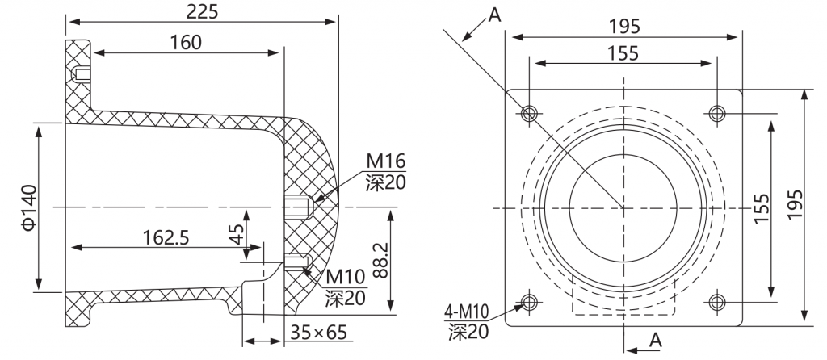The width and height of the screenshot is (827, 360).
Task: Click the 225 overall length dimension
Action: pyautogui.click(x=202, y=11)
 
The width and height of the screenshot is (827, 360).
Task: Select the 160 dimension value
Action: pyautogui.click(x=186, y=42)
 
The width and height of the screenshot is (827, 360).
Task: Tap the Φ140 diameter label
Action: pyautogui.click(x=30, y=207)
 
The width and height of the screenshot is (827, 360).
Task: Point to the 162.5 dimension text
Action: pyautogui.click(x=166, y=238)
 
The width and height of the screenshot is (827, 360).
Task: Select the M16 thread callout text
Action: pyautogui.click(x=386, y=160)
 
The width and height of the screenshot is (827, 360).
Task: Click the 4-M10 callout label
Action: pyautogui.click(x=466, y=312)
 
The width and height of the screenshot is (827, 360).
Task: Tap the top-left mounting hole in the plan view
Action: pyautogui.click(x=529, y=113)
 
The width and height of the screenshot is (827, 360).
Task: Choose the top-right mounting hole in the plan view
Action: pyautogui.click(x=717, y=113)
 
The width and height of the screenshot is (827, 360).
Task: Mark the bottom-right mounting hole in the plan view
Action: pyautogui.click(x=717, y=302)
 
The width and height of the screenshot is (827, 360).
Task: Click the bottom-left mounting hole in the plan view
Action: pyautogui.click(x=529, y=302)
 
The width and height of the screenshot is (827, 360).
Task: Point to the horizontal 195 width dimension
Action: pyautogui.click(x=624, y=26)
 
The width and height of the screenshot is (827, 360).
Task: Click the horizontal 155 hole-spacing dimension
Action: pyautogui.click(x=623, y=53)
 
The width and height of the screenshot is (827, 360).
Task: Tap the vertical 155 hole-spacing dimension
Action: pyautogui.click(x=761, y=207)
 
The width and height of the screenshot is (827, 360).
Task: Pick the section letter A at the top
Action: pyautogui.click(x=494, y=15)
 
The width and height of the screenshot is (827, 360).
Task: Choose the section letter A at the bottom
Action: pyautogui.click(x=655, y=341)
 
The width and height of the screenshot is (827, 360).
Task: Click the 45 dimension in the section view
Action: pyautogui.click(x=238, y=234)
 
